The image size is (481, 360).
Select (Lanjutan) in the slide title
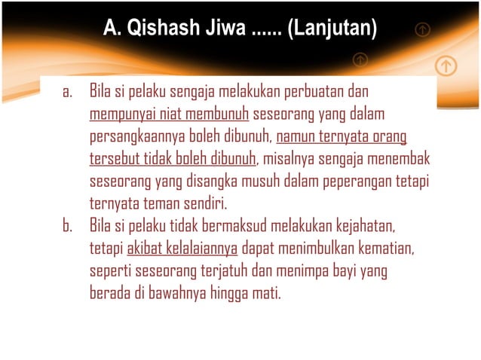click(x=333, y=31)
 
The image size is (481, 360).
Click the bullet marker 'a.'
click(x=67, y=93)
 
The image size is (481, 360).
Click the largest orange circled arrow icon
click(x=446, y=66)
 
